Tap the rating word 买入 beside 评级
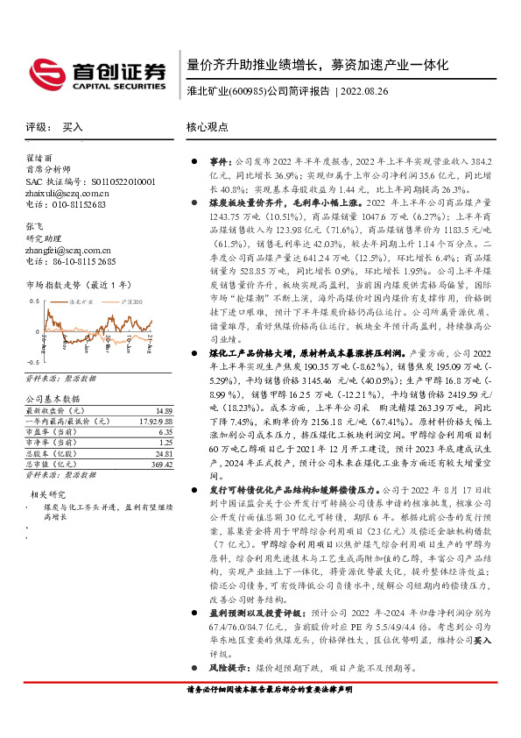[73, 127]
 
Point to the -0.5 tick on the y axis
[32, 361]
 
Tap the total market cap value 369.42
[160, 464]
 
